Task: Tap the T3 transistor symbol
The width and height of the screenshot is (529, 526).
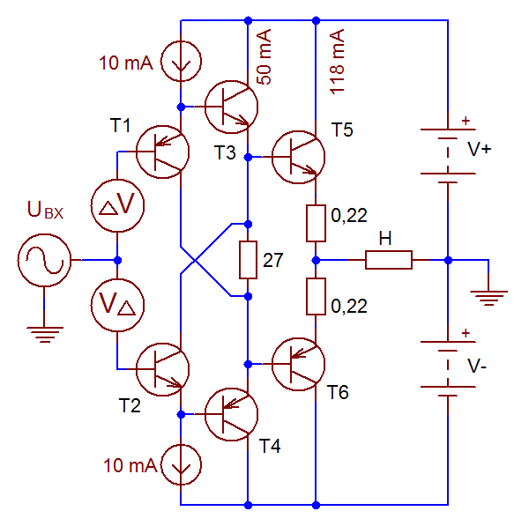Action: [231, 106]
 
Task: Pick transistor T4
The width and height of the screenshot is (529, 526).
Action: [231, 413]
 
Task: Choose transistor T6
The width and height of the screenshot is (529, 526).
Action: [299, 363]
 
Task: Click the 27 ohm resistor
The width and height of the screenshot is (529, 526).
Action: [248, 260]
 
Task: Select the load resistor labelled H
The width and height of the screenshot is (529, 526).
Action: [388, 260]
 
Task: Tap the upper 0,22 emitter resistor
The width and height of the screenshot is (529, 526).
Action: [316, 223]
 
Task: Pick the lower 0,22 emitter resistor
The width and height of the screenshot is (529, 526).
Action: [316, 296]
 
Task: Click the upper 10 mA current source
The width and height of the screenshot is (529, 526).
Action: [180, 63]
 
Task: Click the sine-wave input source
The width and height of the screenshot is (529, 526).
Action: [41, 260]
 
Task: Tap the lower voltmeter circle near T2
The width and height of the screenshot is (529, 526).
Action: [117, 304]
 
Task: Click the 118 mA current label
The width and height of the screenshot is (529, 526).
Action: [336, 61]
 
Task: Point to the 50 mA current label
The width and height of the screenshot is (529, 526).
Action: [264, 55]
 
